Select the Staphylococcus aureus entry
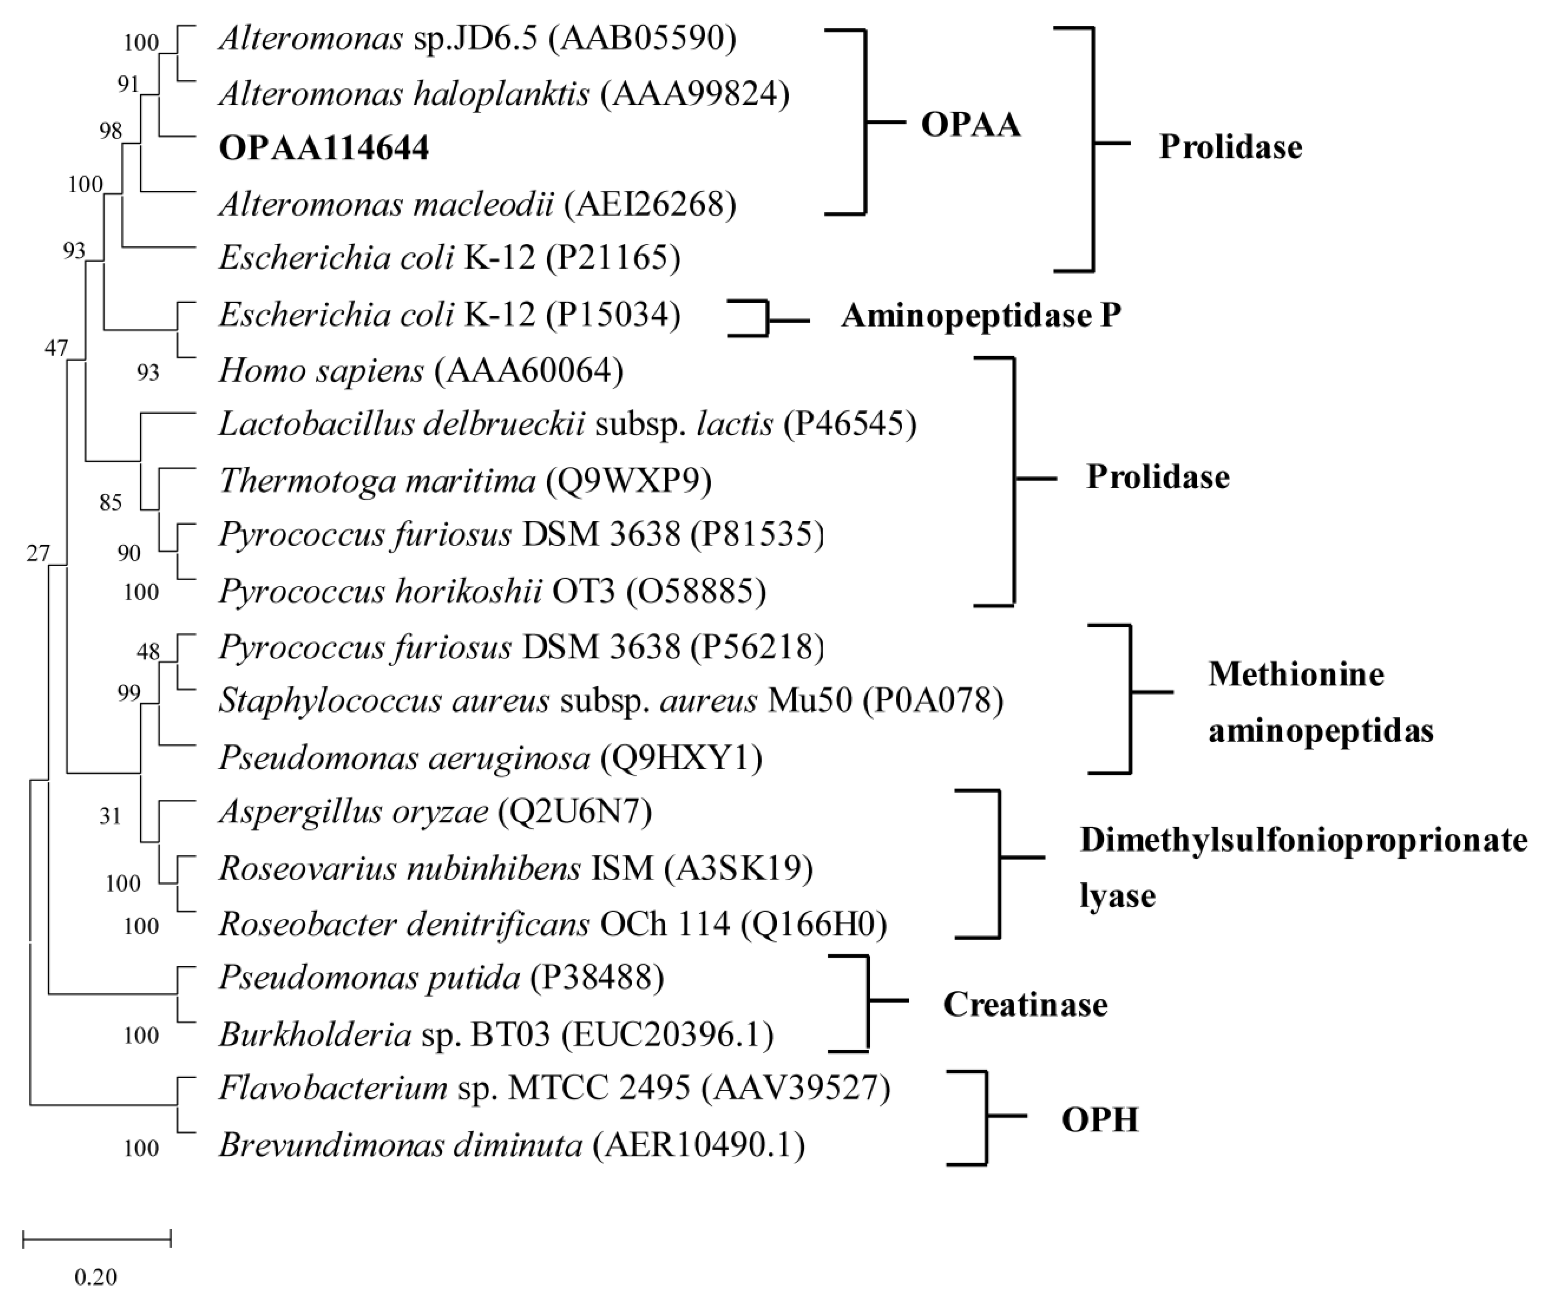(x=384, y=700)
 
